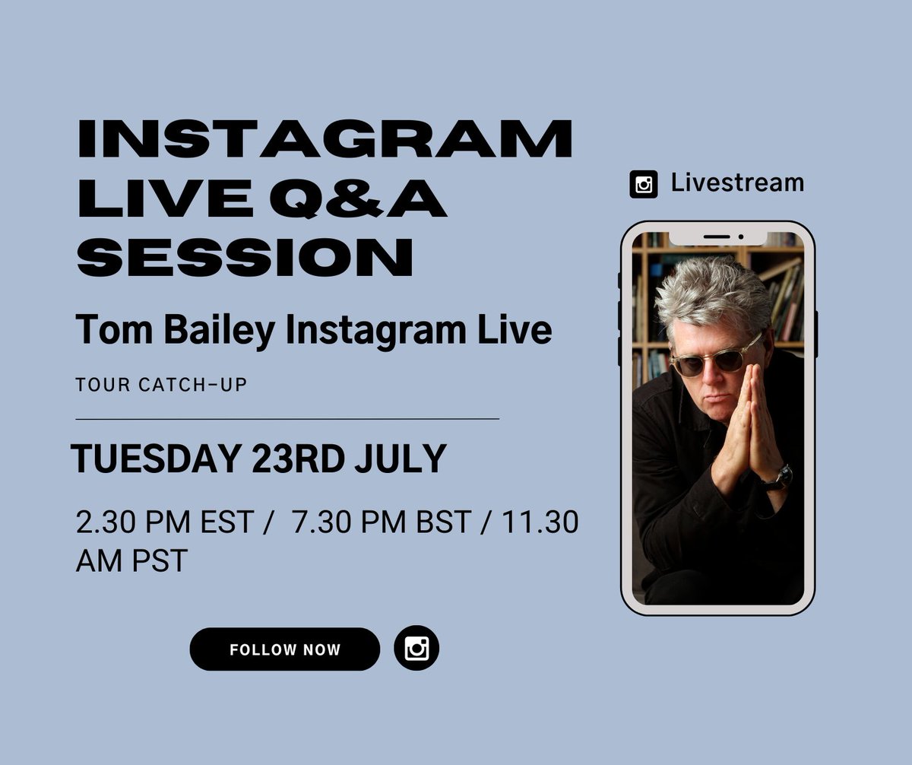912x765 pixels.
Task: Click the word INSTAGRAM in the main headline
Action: click(x=325, y=139)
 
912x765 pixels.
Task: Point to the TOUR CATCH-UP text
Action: click(x=161, y=385)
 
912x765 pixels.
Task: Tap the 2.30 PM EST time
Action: click(x=164, y=523)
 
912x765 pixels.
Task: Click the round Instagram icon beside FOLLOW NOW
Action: click(x=416, y=649)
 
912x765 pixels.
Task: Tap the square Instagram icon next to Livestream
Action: click(x=644, y=185)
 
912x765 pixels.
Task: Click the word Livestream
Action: click(x=736, y=183)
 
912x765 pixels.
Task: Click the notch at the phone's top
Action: click(x=717, y=237)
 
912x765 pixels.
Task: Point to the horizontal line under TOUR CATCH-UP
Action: click(x=287, y=418)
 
